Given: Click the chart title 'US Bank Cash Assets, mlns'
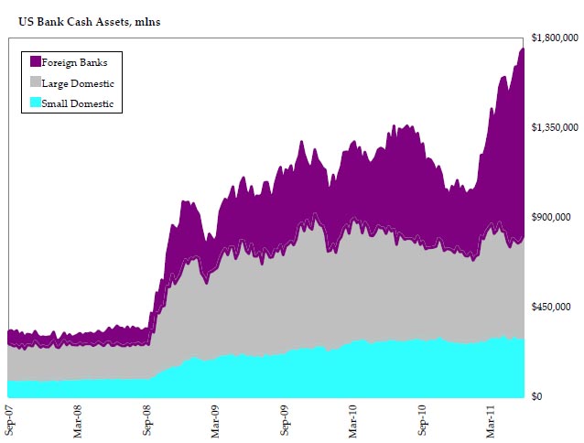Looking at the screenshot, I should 89,22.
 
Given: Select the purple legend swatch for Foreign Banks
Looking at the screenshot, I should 35,62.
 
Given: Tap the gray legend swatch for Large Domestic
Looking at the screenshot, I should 35,83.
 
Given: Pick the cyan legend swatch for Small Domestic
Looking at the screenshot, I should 35,103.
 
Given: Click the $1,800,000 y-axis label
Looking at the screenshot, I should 555,38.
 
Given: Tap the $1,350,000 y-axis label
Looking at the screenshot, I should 555,128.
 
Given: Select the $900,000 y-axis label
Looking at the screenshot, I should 552,217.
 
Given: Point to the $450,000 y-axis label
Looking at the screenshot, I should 552,307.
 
